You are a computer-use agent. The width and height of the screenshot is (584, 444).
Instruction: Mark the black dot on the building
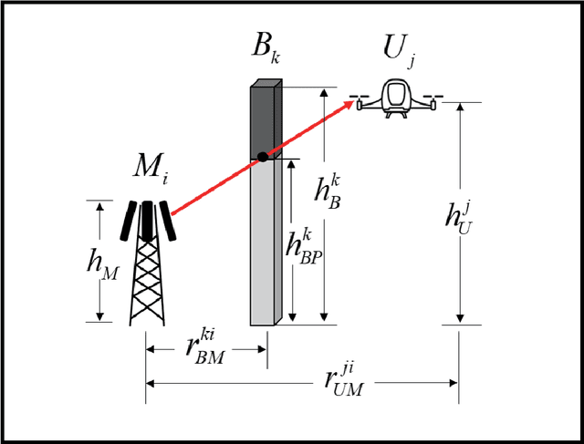pyautogui.click(x=263, y=156)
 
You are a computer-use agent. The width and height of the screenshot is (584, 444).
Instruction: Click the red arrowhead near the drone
pyautogui.click(x=349, y=106)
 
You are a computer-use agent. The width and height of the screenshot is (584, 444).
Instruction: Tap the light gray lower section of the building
pyautogui.click(x=265, y=242)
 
